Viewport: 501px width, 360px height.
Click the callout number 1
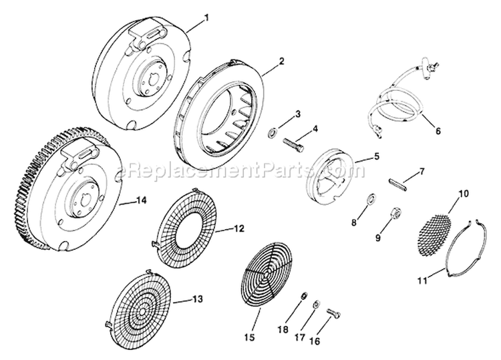206,16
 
